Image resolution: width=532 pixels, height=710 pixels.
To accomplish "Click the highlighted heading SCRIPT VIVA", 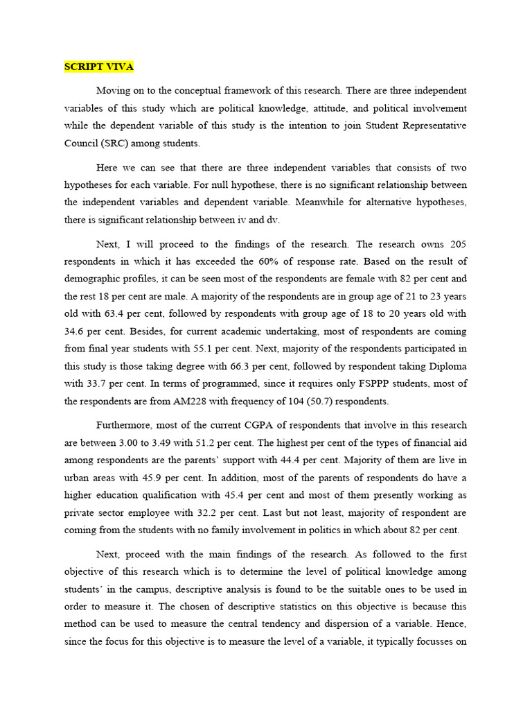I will tap(98, 67).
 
